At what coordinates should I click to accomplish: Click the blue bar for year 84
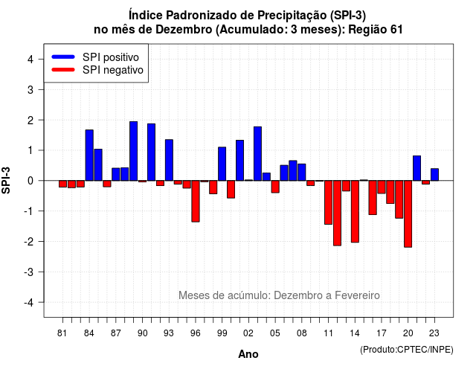(x=89, y=155)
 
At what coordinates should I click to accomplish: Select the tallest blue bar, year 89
(x=134, y=151)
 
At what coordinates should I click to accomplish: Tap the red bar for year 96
(x=196, y=201)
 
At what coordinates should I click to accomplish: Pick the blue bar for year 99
(x=222, y=164)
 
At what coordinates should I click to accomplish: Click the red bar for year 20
(x=408, y=214)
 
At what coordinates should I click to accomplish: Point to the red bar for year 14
(x=355, y=211)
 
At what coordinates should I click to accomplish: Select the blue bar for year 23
(x=434, y=175)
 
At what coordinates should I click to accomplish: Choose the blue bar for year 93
(x=169, y=160)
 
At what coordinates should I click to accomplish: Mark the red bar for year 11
(x=328, y=202)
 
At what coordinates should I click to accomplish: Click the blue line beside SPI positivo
(x=63, y=57)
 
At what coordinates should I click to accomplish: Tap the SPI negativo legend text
(x=113, y=70)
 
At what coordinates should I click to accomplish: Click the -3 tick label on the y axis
(x=29, y=272)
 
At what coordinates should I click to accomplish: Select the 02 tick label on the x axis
(x=248, y=333)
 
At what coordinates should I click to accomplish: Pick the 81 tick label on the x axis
(x=62, y=333)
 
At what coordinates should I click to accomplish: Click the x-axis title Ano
(x=248, y=354)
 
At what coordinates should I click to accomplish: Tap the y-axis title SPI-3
(x=6, y=180)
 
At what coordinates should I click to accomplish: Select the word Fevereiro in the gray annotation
(x=357, y=295)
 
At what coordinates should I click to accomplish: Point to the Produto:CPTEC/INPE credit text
(x=407, y=350)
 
